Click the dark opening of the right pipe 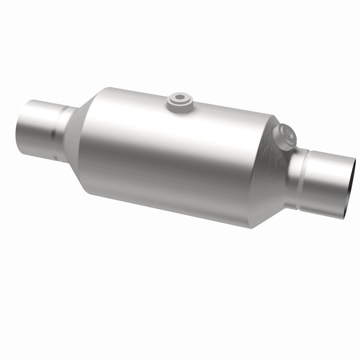coord(351,184)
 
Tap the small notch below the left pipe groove coord(54,157)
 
